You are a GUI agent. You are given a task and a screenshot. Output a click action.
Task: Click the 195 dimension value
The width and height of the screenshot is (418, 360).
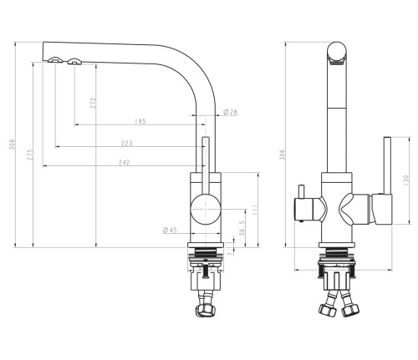[140, 122]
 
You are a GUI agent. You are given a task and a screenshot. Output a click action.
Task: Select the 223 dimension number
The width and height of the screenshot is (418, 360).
[127, 144]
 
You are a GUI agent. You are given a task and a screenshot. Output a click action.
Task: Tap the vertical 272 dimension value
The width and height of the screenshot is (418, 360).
[93, 103]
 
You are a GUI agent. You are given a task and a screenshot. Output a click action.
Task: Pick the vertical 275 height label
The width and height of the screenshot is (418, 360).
[30, 155]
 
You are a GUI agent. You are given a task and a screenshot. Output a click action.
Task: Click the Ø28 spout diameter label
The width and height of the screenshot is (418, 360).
[232, 113]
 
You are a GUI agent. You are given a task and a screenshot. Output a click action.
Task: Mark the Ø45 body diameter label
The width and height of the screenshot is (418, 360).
[169, 231]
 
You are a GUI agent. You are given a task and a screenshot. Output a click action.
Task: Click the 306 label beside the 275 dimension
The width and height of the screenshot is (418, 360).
[12, 145]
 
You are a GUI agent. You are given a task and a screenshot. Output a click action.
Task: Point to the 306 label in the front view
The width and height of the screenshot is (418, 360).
[282, 155]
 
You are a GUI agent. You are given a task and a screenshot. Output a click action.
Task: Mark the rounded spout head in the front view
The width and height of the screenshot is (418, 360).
[335, 53]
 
